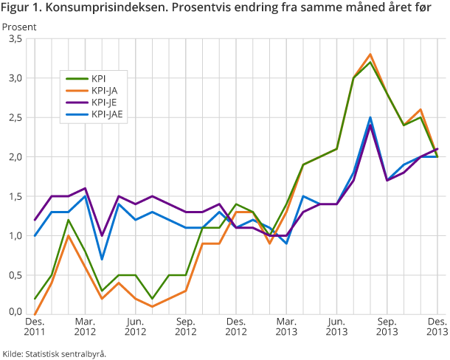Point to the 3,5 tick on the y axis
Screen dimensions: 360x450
click(x=15, y=38)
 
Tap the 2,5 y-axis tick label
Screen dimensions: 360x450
click(x=15, y=117)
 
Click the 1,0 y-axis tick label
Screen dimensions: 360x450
click(x=15, y=236)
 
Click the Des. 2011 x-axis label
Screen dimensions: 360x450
click(x=35, y=328)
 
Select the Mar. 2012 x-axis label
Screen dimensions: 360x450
click(x=85, y=328)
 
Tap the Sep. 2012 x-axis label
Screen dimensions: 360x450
click(x=185, y=328)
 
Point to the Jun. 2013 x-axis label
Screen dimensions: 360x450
click(x=336, y=328)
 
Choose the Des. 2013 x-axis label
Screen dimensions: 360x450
click(x=437, y=328)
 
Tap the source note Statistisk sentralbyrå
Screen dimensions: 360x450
click(x=66, y=353)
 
